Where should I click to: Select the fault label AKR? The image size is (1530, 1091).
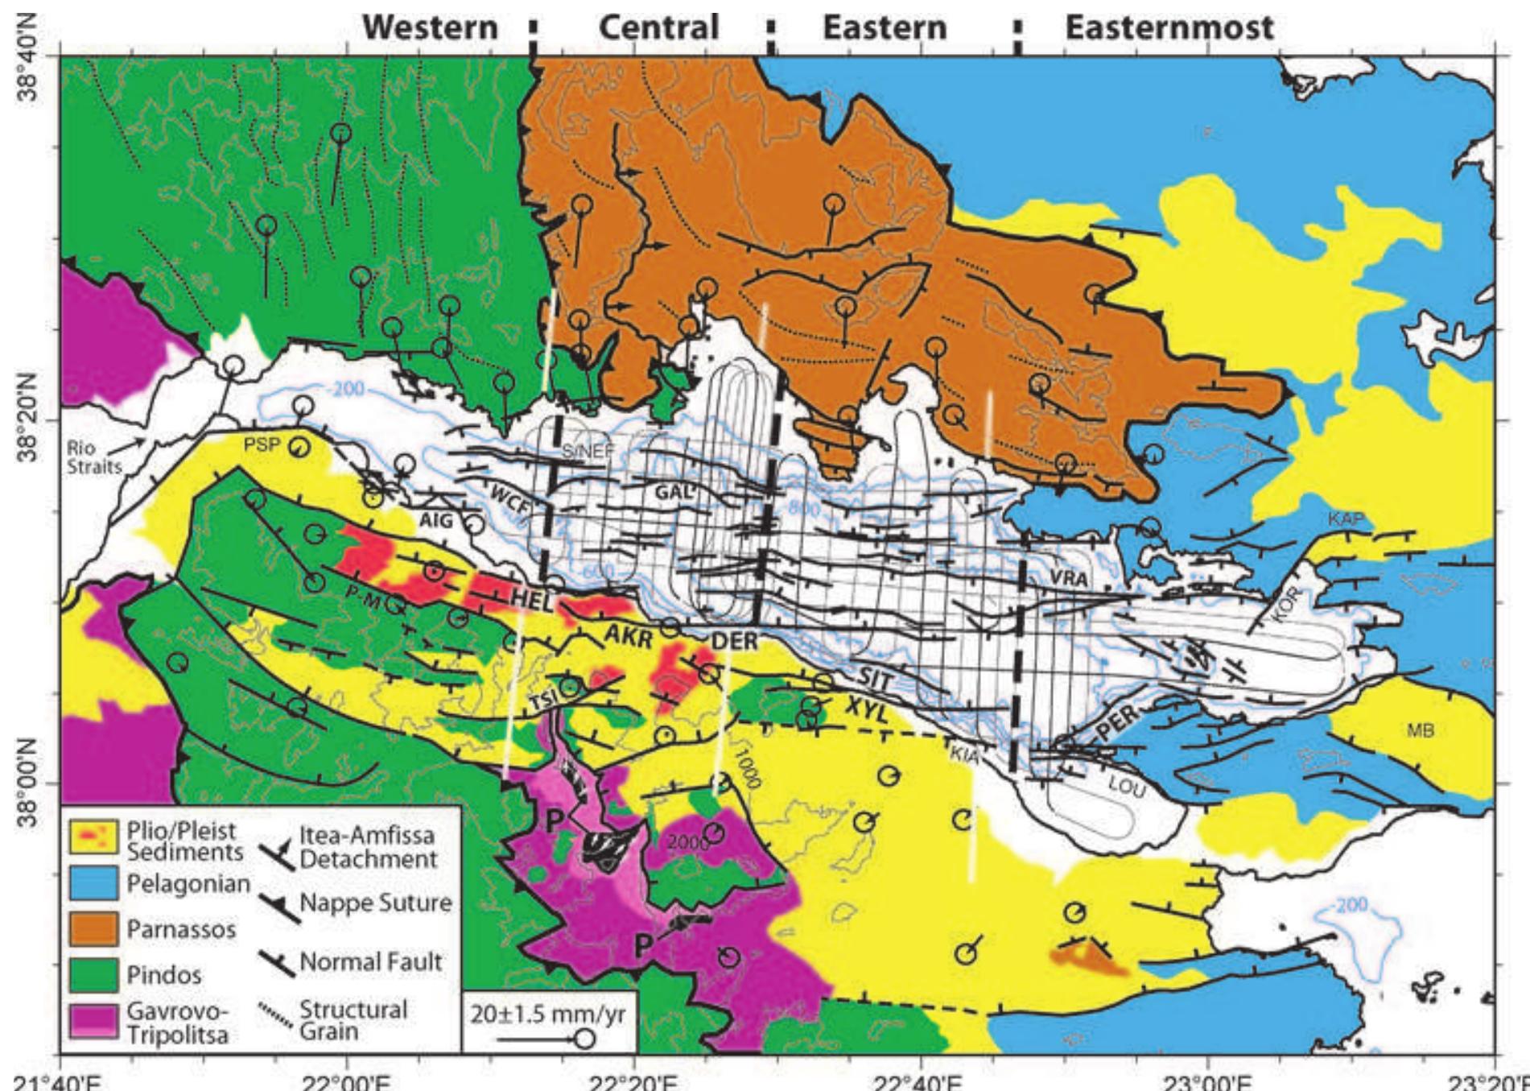(x=628, y=636)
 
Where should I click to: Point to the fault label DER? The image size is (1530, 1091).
(x=734, y=642)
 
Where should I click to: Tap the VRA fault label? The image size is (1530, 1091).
(x=1069, y=578)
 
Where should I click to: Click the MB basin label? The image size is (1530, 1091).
(x=1421, y=731)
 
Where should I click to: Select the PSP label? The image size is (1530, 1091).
(x=262, y=445)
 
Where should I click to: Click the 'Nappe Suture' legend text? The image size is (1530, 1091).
(x=375, y=903)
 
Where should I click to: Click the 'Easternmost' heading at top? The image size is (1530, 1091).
(x=1169, y=27)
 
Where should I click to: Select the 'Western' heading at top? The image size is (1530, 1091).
(x=431, y=27)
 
